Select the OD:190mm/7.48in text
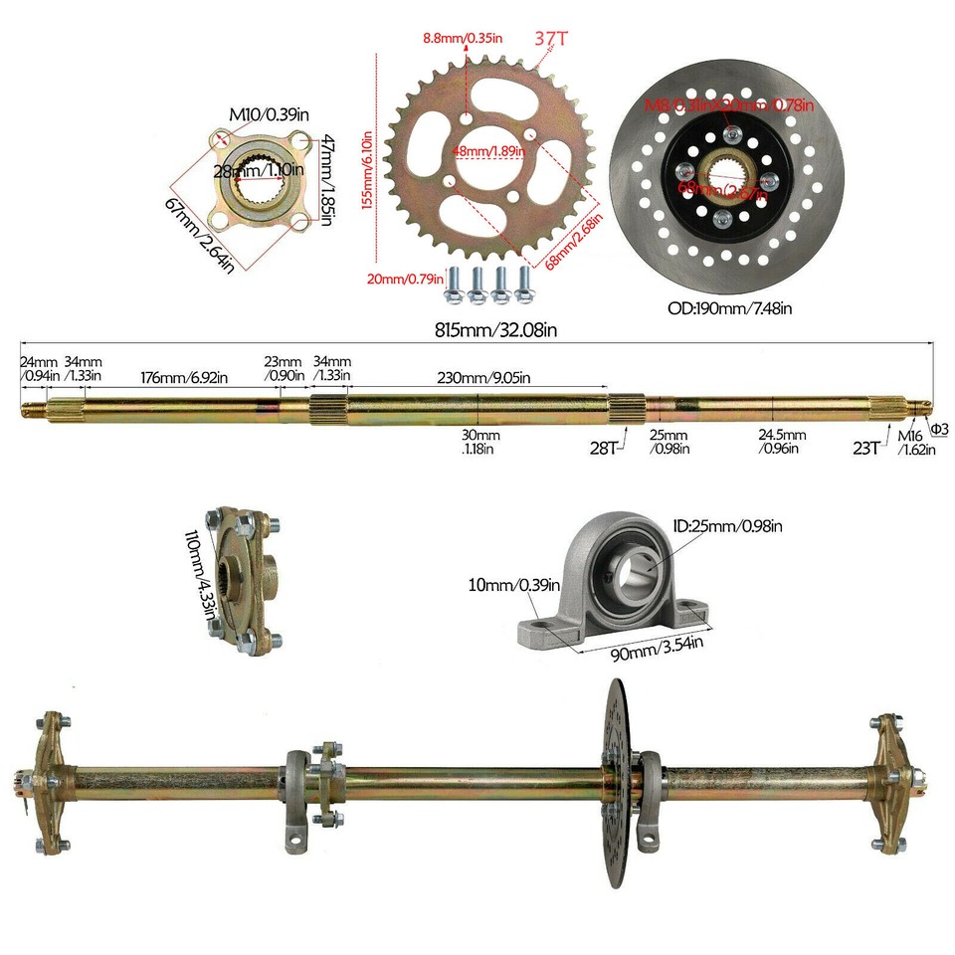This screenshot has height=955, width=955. (729, 307)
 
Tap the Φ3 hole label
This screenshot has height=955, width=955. (939, 429)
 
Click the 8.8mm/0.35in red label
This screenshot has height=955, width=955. (463, 38)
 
